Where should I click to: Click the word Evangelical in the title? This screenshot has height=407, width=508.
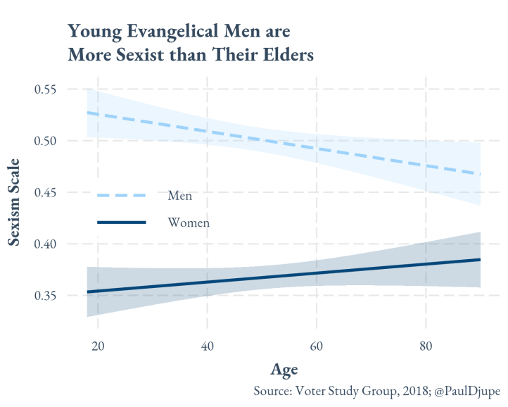click(x=170, y=32)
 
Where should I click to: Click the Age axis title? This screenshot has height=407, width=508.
click(x=284, y=370)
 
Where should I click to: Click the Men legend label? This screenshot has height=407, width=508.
click(x=179, y=195)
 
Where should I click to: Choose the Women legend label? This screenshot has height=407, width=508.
click(x=189, y=223)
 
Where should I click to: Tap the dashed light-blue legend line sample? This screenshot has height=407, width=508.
click(x=121, y=195)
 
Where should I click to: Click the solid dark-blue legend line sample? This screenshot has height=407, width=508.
click(x=121, y=223)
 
